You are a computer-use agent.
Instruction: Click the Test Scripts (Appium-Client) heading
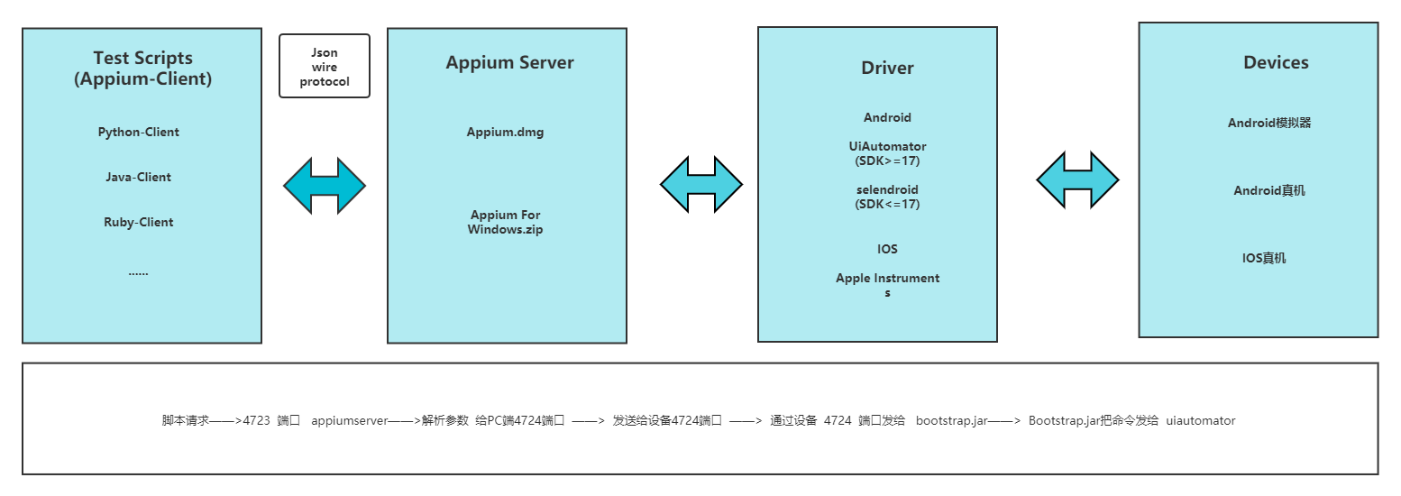tap(142, 69)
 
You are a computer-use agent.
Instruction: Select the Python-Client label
tap(139, 132)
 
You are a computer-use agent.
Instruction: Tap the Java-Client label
tap(139, 177)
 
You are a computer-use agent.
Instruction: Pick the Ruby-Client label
tap(139, 222)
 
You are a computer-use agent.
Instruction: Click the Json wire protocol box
tap(325, 67)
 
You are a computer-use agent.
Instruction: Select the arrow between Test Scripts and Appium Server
tap(325, 186)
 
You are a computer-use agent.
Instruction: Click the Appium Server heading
tap(509, 62)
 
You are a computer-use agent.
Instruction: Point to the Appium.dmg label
tap(505, 132)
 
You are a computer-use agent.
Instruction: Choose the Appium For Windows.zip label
tap(505, 222)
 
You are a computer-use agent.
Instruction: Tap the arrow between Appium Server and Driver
tap(701, 185)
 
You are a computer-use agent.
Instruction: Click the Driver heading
tap(887, 68)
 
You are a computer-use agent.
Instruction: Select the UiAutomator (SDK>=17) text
tap(887, 153)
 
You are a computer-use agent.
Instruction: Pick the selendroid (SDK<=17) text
tap(887, 197)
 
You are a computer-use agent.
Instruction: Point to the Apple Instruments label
tap(887, 285)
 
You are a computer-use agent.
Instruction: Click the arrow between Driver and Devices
tap(1077, 180)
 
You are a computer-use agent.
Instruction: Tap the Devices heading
tap(1276, 62)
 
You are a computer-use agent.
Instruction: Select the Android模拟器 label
tap(1269, 123)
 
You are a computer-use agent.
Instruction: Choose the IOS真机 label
tap(1264, 258)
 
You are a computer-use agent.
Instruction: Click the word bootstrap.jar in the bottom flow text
tap(951, 420)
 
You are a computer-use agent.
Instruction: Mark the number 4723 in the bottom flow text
tap(257, 420)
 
